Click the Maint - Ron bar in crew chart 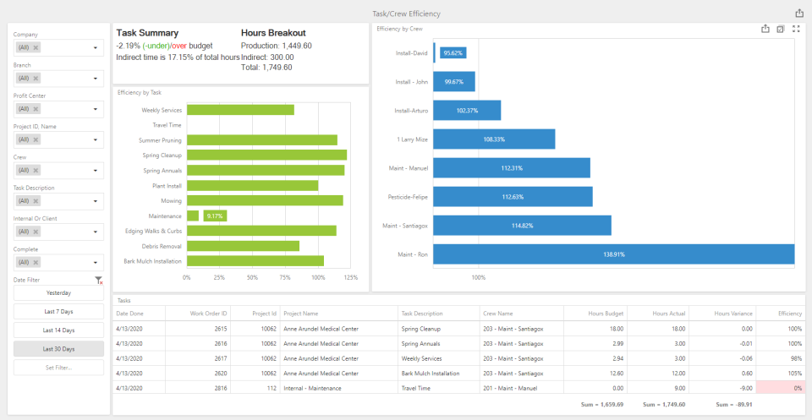pos(613,254)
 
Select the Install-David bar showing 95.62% pos(449,53)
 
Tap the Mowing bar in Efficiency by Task pos(264,200)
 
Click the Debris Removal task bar pos(243,246)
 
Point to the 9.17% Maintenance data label pos(215,215)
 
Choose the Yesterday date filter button pos(58,293)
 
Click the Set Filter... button pos(58,368)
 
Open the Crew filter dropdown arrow pos(96,170)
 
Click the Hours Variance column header pos(734,314)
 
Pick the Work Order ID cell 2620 pos(221,372)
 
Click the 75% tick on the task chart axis pos(285,277)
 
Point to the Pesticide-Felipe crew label pos(406,197)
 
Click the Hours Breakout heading pos(273,33)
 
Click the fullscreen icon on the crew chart pos(796,29)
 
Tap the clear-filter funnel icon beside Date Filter pos(98,280)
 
